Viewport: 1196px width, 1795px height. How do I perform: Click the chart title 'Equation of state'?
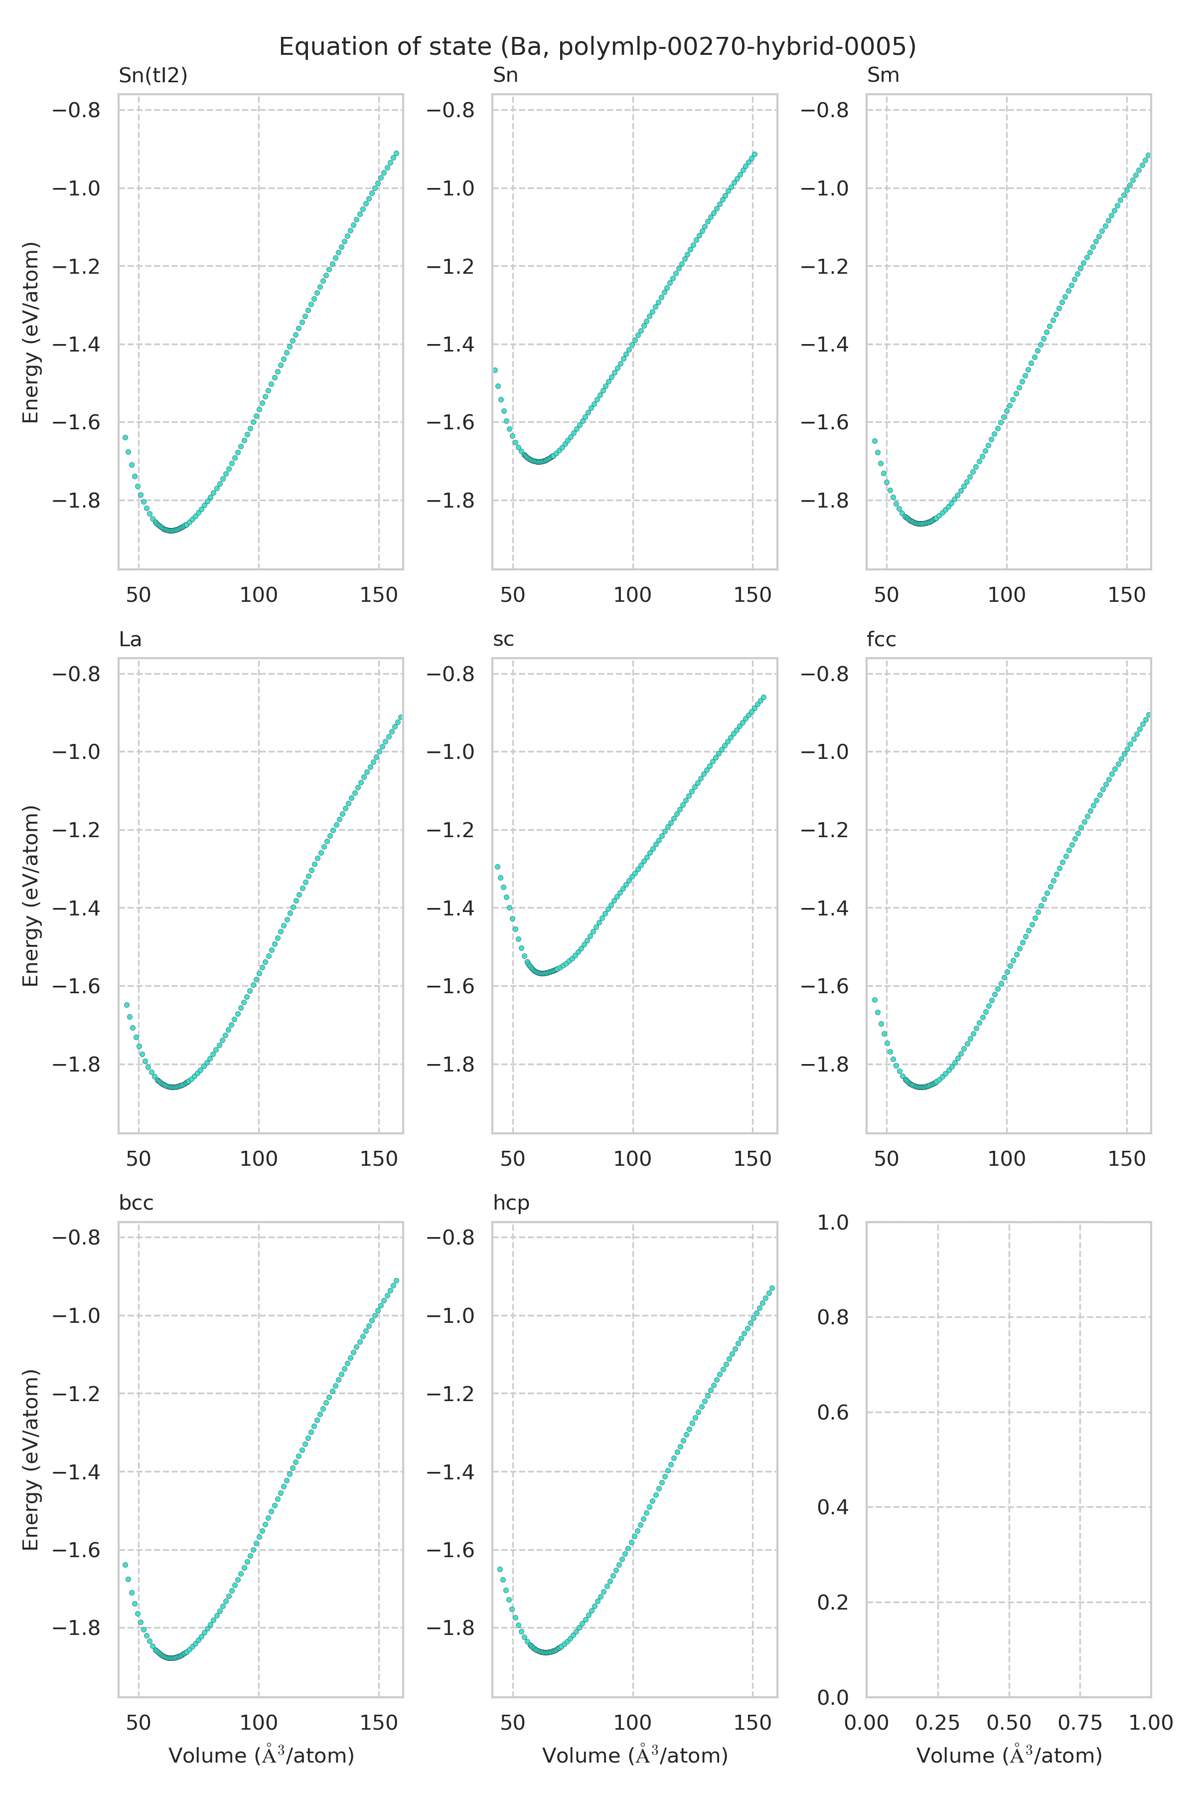click(597, 47)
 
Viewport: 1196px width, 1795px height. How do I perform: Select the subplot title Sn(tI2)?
click(152, 76)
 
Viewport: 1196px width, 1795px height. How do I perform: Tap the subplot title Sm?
click(883, 76)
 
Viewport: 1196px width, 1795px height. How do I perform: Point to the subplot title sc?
click(503, 640)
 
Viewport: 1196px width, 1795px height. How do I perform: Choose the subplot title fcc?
click(881, 640)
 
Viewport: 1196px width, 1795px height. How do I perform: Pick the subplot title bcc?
click(136, 1204)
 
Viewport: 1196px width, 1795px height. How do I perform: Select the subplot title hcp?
click(511, 1204)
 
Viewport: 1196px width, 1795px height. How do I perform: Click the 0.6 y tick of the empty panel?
click(833, 1412)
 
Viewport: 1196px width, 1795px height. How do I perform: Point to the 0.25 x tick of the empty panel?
click(937, 1723)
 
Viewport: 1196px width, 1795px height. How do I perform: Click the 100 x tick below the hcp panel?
click(632, 1723)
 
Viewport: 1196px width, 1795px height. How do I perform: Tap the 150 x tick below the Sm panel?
click(1127, 595)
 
